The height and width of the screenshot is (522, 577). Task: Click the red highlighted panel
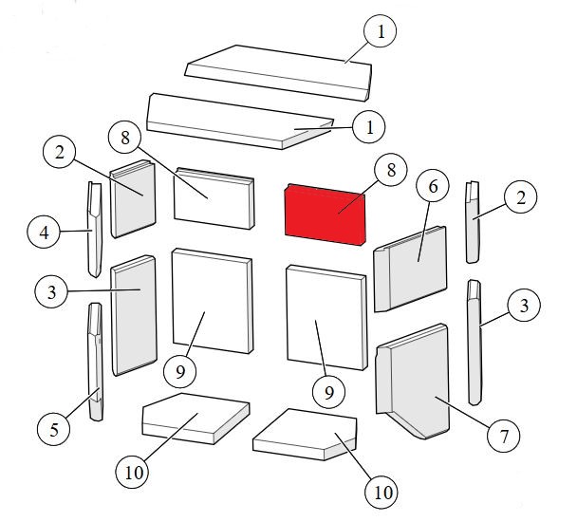[326, 214]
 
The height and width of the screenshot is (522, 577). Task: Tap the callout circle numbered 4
[44, 232]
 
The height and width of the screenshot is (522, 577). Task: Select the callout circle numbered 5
[54, 429]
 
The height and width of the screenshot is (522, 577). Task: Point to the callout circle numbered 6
[433, 186]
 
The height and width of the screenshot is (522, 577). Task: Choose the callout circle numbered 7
[503, 437]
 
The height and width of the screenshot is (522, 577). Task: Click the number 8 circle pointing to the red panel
[391, 170]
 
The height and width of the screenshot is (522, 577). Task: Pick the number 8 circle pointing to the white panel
[125, 139]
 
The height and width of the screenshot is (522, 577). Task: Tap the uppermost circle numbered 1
[381, 31]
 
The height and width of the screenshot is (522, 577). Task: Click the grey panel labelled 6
[410, 269]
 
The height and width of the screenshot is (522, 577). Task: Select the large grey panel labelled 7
[413, 382]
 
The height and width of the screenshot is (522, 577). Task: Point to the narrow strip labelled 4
[94, 229]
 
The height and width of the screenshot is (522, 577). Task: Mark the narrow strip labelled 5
[95, 362]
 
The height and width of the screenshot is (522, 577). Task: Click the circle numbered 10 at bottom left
[133, 472]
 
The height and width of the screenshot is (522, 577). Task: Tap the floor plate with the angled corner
[305, 435]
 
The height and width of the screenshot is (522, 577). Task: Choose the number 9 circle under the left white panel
[180, 372]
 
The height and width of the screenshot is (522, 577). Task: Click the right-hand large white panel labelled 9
[326, 317]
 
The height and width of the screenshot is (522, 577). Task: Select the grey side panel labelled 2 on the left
[133, 198]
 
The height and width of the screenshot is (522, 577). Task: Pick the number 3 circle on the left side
[51, 292]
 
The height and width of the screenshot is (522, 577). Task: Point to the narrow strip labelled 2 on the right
[474, 222]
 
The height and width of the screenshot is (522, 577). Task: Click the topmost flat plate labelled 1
[278, 72]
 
